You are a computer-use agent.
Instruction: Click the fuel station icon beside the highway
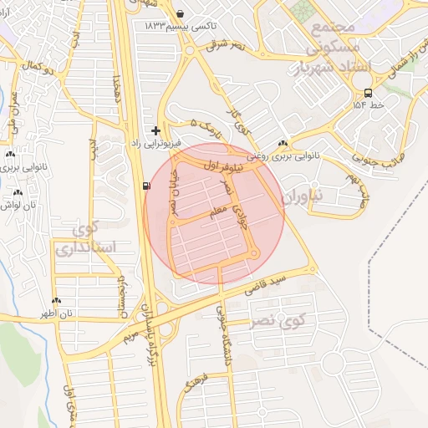[x=147, y=186]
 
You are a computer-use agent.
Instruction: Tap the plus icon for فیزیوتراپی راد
[x=155, y=130]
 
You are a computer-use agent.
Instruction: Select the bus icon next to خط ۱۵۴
[x=369, y=93]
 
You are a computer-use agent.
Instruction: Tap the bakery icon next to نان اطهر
[x=56, y=301]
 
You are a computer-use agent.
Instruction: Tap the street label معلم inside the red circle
[x=218, y=215]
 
